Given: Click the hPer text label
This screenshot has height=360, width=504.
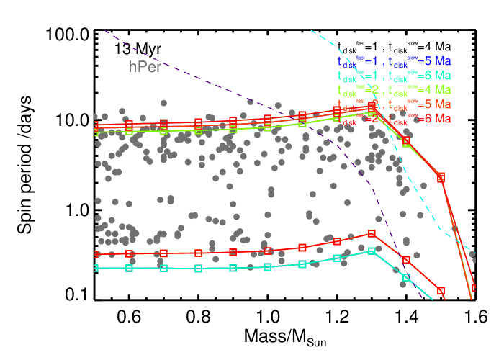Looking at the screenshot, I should tap(145, 67).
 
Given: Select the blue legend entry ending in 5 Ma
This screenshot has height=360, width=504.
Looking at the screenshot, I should tap(394, 61).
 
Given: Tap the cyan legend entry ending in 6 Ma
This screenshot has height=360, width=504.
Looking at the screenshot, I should tap(394, 76).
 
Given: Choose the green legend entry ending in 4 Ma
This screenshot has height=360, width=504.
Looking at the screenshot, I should tap(394, 90).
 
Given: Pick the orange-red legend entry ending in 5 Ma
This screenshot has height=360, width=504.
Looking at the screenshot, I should tap(394, 104).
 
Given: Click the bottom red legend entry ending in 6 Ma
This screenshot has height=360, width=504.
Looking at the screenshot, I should tap(394, 118).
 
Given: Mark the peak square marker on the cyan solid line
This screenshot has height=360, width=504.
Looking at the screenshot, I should tap(372, 251).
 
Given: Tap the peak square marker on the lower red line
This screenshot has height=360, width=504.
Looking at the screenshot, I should tap(372, 233).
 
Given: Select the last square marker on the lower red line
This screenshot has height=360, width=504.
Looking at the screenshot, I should tap(441, 291).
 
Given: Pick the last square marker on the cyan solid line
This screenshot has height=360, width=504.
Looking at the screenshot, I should tap(406, 277).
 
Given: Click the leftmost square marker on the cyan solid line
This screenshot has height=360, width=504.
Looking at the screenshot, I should tap(95, 269).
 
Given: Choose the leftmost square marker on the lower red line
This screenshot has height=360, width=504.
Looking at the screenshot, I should tap(95, 254).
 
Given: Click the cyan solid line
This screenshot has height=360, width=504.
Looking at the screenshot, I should tap(216, 268).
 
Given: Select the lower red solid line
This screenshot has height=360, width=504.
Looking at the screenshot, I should tap(216, 253).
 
